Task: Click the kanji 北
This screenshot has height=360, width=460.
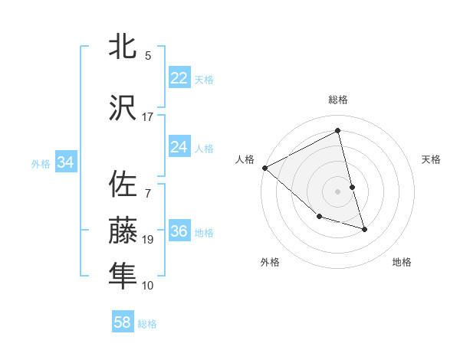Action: [x=123, y=47]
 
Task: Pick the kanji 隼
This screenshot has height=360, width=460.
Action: [x=123, y=276]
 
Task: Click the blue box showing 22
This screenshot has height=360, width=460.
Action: [x=179, y=78]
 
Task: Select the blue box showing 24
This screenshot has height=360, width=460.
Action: [x=179, y=147]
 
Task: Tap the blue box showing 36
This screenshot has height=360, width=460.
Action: [x=179, y=231]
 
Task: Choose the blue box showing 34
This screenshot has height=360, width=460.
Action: [x=65, y=162]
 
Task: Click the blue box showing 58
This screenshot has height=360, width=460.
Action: [x=123, y=322]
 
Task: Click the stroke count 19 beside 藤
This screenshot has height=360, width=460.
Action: [x=148, y=240]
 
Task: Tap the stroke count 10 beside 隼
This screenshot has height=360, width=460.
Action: [x=148, y=286]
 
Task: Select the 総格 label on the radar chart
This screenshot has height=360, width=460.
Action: [x=338, y=100]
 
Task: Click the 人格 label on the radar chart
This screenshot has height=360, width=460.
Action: [x=245, y=159]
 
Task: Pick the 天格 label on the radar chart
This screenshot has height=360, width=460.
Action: [x=431, y=159]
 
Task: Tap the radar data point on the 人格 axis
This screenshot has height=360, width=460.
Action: [x=264, y=168]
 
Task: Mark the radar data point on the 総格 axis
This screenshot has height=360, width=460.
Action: [x=338, y=131]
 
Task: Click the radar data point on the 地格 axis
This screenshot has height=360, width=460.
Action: [x=364, y=228]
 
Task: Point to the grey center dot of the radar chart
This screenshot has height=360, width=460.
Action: [x=338, y=191]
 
